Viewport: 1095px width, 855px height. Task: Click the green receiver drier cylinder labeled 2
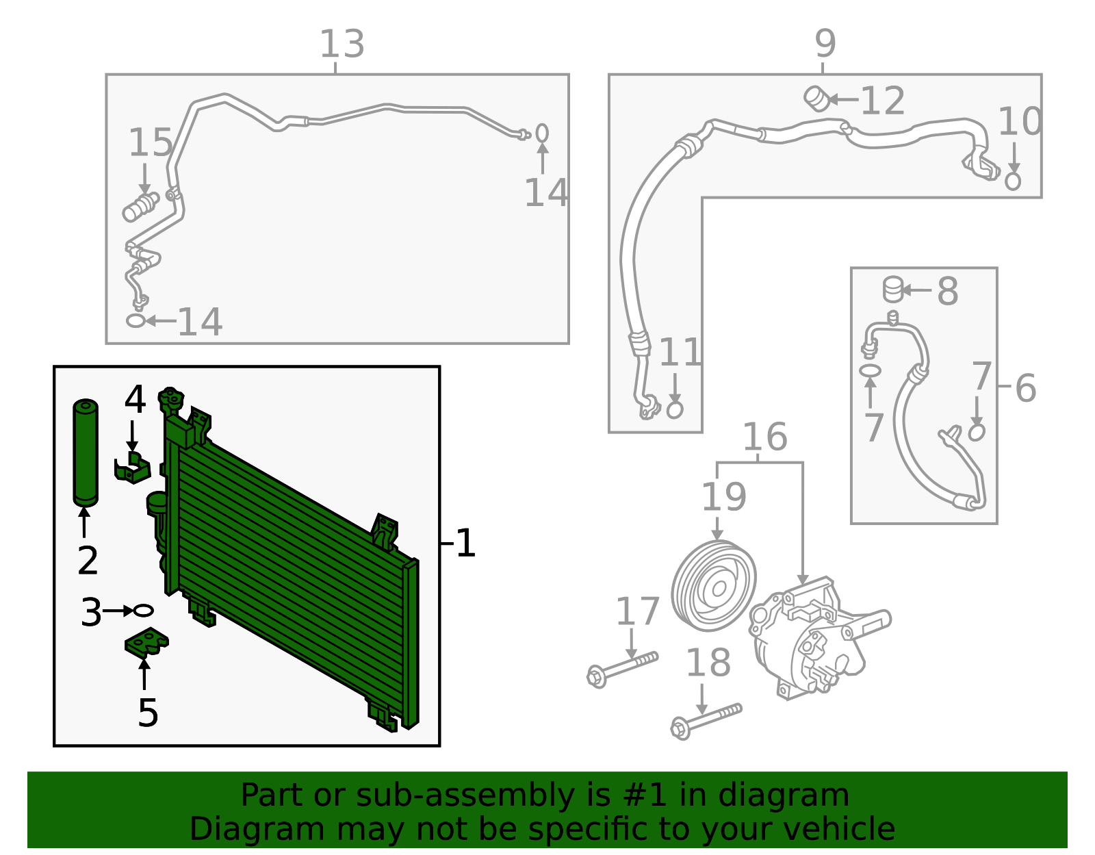(86, 453)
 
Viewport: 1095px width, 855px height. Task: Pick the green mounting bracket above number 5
(146, 642)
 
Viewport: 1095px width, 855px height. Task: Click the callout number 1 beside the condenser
(465, 544)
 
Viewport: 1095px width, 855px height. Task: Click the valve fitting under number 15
(140, 206)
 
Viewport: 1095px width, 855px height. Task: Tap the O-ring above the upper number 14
(542, 132)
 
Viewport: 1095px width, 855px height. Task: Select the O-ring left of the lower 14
(136, 320)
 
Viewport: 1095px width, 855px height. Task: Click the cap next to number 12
(816, 98)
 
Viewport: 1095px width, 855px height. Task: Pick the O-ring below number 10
(1013, 181)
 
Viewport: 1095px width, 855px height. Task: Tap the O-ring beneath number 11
(675, 409)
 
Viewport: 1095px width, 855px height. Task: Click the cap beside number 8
(892, 290)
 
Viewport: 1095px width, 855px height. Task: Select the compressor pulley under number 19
(714, 586)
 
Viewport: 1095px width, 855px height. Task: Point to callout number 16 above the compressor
(764, 437)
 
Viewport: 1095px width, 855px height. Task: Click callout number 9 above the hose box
(825, 44)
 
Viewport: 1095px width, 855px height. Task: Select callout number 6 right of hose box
(1025, 387)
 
